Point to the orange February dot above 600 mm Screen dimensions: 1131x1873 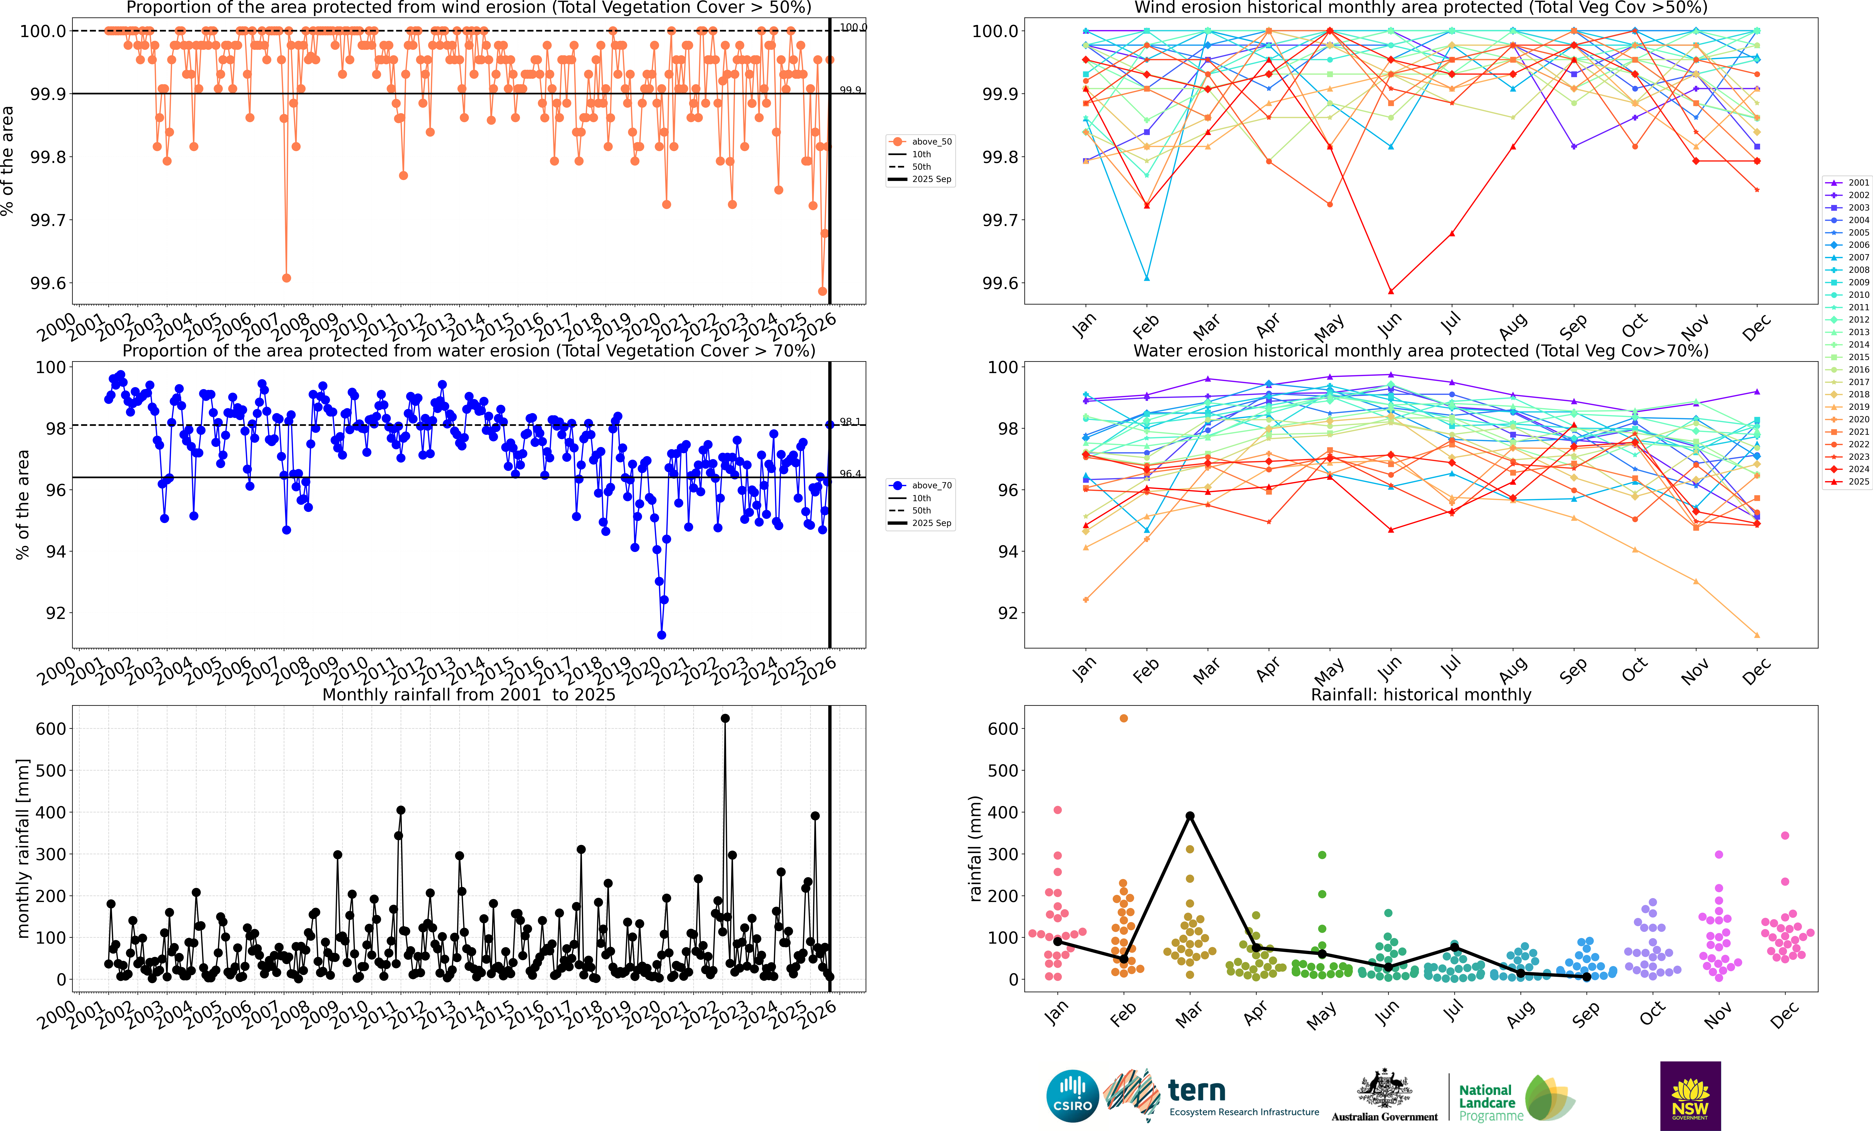coord(1123,718)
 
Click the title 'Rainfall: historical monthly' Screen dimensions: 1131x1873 coord(1421,694)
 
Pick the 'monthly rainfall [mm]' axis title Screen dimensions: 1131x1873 coord(23,848)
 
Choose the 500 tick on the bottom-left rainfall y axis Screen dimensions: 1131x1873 coord(51,770)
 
